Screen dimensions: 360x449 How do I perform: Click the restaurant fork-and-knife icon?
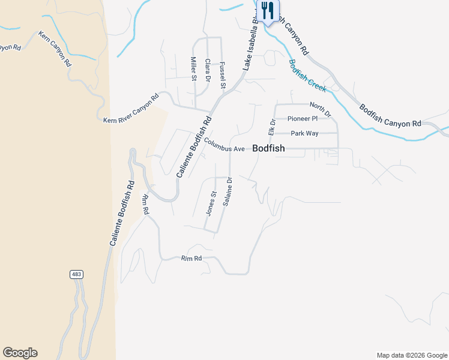coord(268,10)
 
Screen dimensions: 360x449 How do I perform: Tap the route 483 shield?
coord(76,274)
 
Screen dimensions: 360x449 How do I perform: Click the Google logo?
coord(20,353)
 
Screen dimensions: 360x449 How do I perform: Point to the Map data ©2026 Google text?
coord(412,355)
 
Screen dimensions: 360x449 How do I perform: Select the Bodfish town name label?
coord(268,148)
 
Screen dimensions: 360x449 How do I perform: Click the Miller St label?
coord(194,69)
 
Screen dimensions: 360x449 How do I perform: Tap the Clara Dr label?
coord(208,70)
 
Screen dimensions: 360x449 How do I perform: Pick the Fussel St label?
coord(221,76)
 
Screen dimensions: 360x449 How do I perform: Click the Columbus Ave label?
coord(224,145)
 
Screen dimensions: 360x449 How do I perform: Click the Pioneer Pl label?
coord(302,118)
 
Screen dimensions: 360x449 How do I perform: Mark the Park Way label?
coord(304,133)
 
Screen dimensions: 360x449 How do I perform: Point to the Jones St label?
coord(211,203)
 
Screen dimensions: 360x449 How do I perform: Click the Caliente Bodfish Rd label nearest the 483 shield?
coord(121,214)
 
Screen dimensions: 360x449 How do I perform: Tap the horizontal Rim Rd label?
coord(191,259)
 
